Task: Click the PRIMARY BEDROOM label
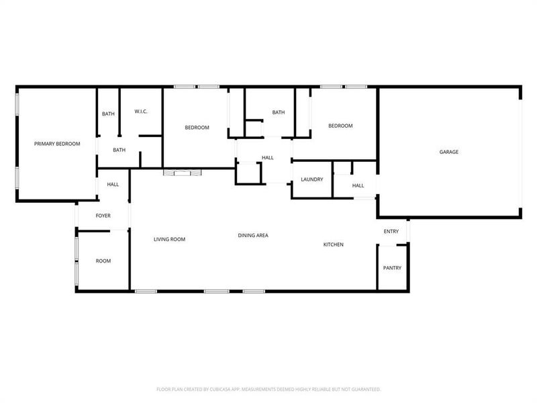point(57,144)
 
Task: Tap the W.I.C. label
point(141,111)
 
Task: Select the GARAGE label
point(449,152)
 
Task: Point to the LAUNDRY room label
point(312,179)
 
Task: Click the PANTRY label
point(392,268)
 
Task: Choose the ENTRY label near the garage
point(391,232)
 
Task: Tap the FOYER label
point(103,216)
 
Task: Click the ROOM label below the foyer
point(103,261)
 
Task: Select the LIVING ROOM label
point(169,239)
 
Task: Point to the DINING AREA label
point(253,235)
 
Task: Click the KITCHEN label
point(334,244)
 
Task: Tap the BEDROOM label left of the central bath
point(197,128)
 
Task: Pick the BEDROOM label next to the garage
point(340,126)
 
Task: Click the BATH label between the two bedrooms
point(279,112)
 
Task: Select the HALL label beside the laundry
point(358,185)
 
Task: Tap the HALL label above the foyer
point(113,184)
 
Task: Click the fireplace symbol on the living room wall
point(182,173)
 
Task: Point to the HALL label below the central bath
point(268,158)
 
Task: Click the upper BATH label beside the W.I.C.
point(108,114)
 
